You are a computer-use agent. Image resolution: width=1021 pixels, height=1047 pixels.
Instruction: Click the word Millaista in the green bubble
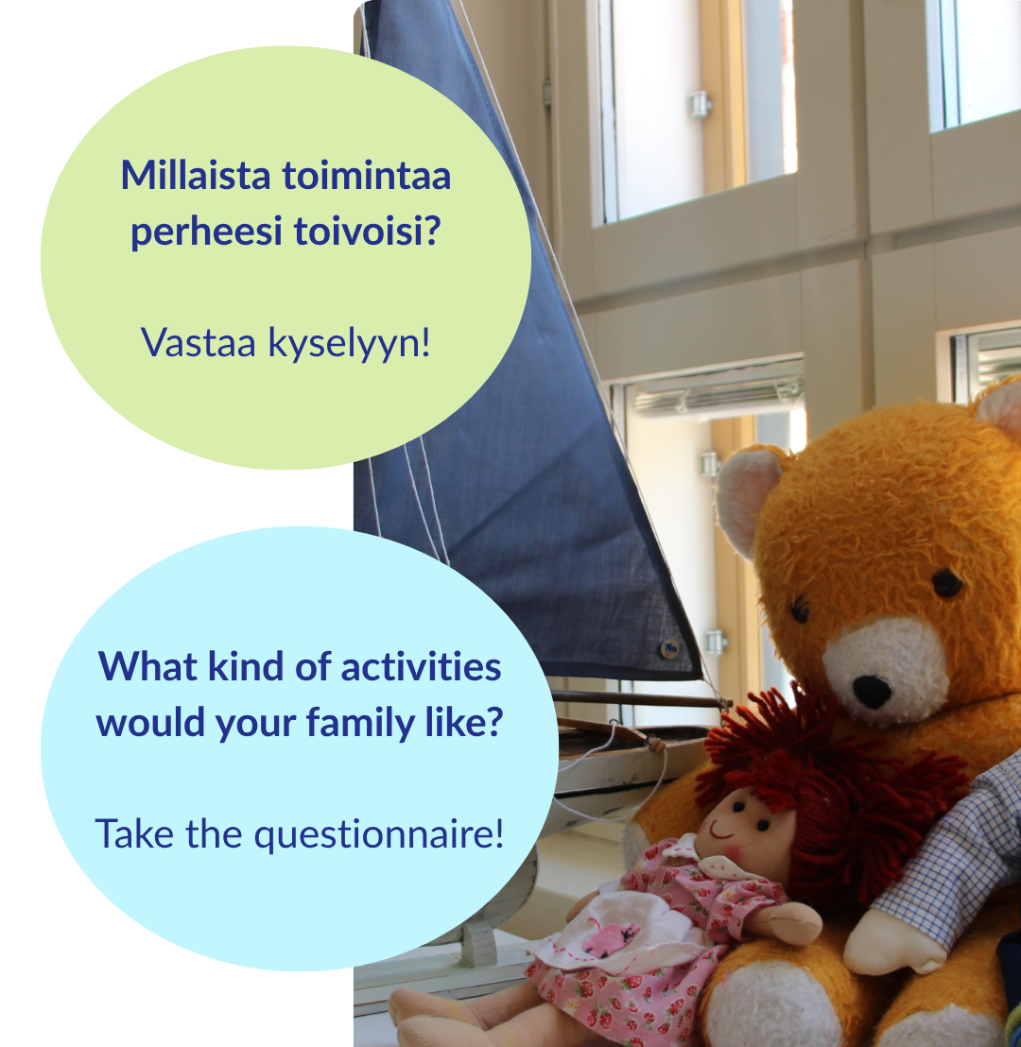[x=195, y=176]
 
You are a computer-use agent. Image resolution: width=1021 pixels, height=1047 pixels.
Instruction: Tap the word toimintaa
[x=367, y=176]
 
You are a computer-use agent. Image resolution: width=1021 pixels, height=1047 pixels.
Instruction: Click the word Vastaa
[x=199, y=343]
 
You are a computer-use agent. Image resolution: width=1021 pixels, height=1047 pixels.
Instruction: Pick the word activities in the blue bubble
[x=421, y=667]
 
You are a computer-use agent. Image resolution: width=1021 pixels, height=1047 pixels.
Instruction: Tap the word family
[x=361, y=724]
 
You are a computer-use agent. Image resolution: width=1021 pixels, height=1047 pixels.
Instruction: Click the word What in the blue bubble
[x=148, y=667]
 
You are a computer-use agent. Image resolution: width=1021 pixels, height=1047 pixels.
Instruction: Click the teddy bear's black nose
[x=872, y=692]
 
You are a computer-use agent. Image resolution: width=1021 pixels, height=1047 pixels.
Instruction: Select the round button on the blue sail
[x=669, y=647]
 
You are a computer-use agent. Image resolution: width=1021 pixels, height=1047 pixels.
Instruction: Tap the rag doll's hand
[x=788, y=922]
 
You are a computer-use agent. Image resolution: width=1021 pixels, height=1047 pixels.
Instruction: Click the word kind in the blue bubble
[x=246, y=667]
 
